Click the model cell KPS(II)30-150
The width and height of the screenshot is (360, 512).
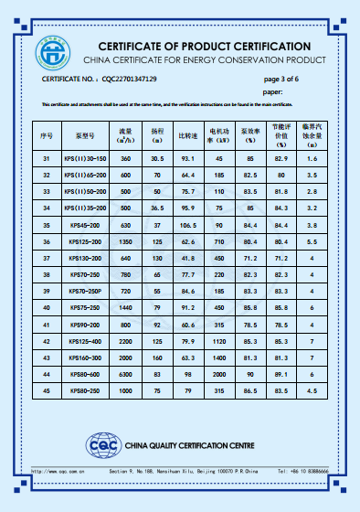tap(91, 158)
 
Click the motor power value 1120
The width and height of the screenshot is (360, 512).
tap(219, 341)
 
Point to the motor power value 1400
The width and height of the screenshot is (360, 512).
tap(219, 357)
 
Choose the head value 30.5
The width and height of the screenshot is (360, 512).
tap(157, 158)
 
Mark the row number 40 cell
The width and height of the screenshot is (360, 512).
tap(47, 308)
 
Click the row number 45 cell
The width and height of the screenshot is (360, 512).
tap(47, 390)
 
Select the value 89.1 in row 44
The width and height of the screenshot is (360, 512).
tap(281, 374)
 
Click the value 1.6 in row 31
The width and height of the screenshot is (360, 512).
tap(312, 158)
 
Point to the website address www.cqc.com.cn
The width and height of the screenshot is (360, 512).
tap(60, 472)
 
